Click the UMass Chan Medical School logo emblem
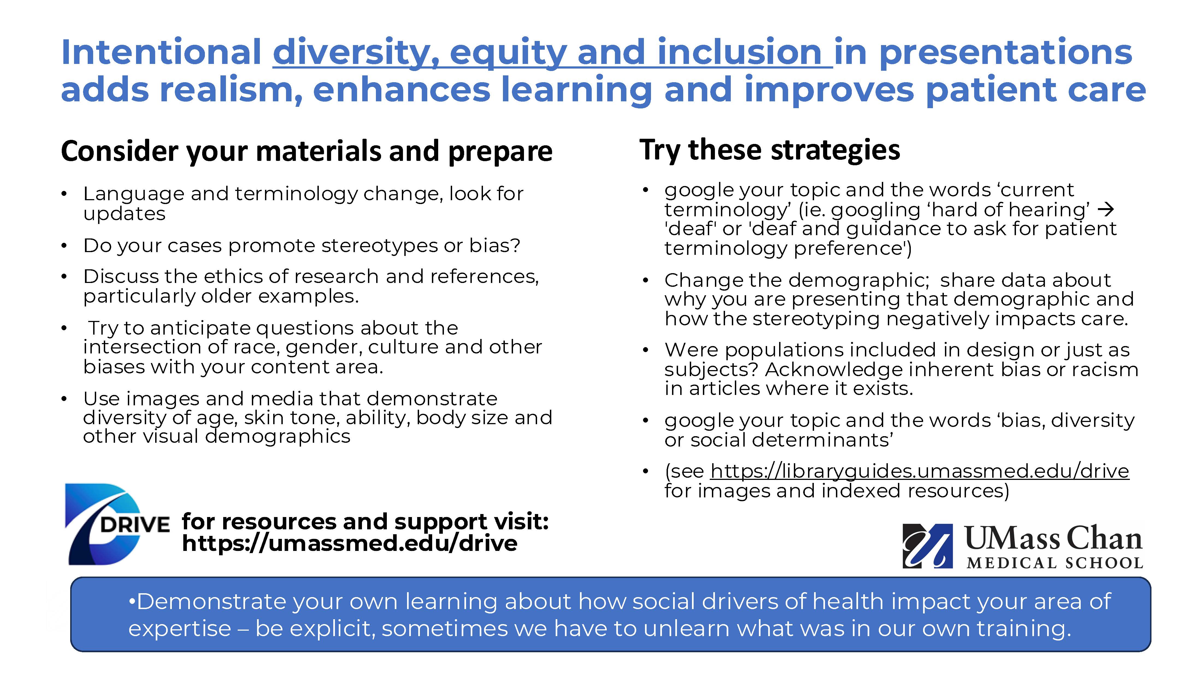(x=927, y=546)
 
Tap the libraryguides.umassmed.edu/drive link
(x=919, y=471)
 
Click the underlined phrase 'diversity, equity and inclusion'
(x=552, y=52)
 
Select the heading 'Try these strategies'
(x=770, y=150)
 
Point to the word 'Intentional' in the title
(x=161, y=52)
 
